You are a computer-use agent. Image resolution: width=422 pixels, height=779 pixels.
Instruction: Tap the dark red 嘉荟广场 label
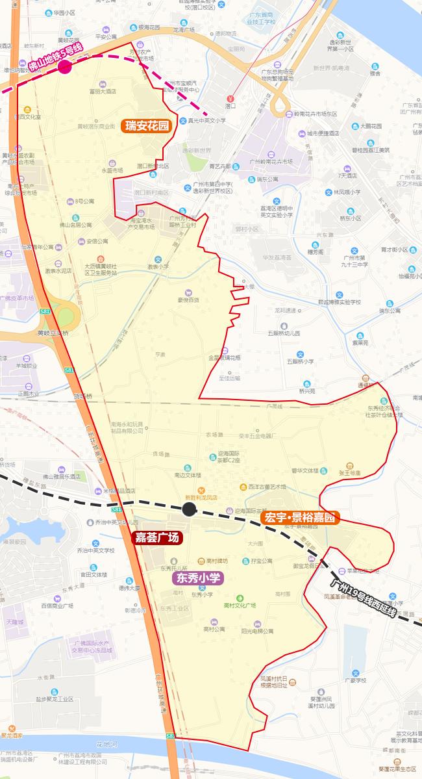[x=157, y=537]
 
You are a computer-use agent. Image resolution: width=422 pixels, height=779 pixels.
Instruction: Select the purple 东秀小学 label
[x=197, y=577]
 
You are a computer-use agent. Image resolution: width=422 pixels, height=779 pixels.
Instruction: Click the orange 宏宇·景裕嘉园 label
[x=300, y=518]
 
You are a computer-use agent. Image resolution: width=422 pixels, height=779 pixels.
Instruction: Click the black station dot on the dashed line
[x=189, y=509]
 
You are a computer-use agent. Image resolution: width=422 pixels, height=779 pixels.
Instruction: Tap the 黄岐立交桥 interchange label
[x=52, y=332]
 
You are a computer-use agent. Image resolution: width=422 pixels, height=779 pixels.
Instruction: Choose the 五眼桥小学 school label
[x=301, y=361]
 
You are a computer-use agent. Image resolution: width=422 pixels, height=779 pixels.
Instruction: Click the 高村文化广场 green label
[x=240, y=606]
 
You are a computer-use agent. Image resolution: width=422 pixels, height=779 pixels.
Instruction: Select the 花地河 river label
[x=105, y=743]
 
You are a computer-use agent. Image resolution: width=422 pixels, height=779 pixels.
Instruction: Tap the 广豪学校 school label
[x=355, y=680]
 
